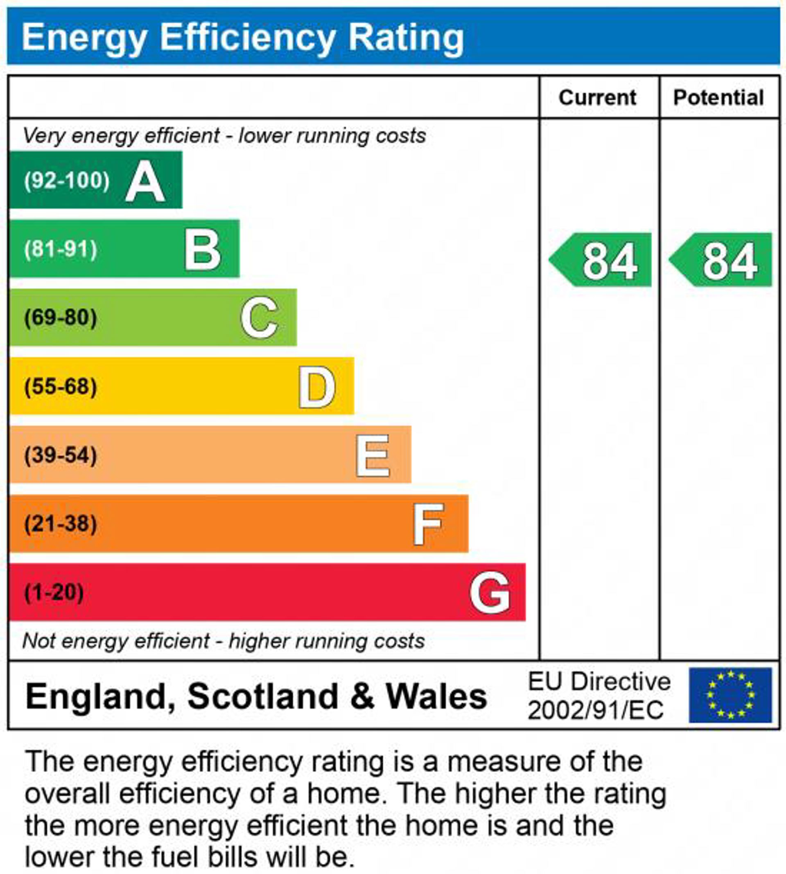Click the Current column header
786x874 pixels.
[597, 97]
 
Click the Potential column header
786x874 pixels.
[718, 97]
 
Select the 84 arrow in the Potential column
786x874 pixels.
[722, 260]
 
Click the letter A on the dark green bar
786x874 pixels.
[145, 181]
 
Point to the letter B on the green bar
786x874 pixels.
[202, 250]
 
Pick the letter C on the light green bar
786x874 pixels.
[259, 318]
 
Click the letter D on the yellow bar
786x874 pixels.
[316, 387]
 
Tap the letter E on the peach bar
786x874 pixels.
[373, 456]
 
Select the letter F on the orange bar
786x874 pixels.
[427, 525]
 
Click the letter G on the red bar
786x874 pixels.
[489, 593]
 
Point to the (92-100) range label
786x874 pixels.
[67, 180]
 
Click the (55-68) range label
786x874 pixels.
[61, 386]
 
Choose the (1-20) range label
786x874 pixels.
[54, 592]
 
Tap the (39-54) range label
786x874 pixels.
[61, 455]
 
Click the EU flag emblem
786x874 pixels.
[730, 695]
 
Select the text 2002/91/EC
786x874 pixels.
[596, 710]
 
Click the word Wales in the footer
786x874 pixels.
[436, 696]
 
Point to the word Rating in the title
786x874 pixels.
[406, 37]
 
